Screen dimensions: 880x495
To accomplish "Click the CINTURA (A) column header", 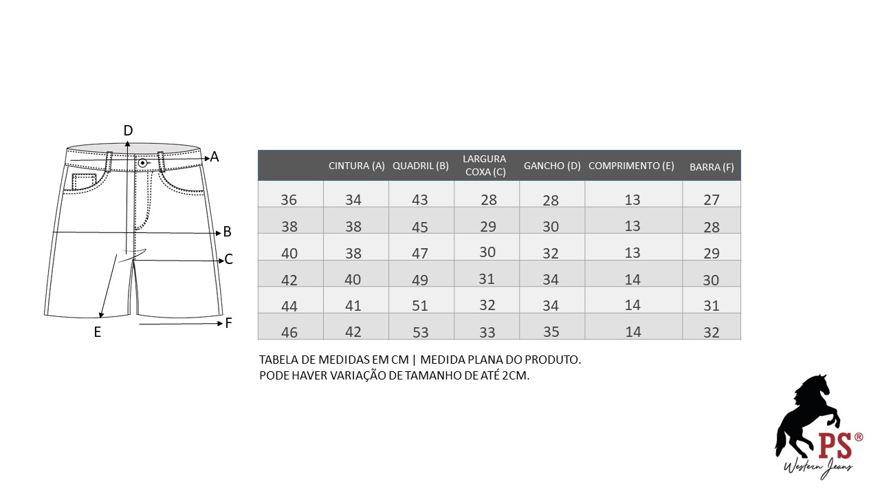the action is [x=356, y=166].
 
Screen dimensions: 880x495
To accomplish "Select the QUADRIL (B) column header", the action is [x=420, y=166].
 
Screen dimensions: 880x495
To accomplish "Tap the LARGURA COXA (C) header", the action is [x=485, y=166].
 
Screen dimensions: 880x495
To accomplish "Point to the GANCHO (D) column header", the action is [x=552, y=166].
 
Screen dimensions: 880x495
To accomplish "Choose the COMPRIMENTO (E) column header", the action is [x=631, y=166].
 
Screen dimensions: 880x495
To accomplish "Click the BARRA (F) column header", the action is [x=712, y=167].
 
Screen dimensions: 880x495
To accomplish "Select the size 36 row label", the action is [x=289, y=200].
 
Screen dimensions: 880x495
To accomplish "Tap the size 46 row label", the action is [x=289, y=333].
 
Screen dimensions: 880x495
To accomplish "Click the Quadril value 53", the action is [x=420, y=333].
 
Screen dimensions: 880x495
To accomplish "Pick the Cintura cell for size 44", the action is [x=353, y=306].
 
